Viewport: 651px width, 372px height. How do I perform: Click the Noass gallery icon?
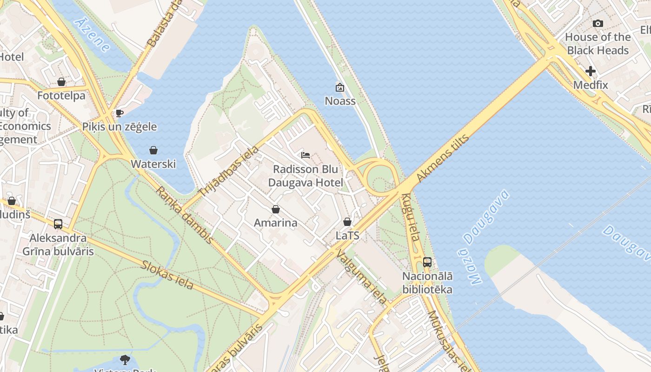[340, 87]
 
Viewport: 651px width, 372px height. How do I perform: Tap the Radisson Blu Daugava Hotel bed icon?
[306, 155]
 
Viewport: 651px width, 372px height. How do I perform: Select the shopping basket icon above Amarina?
[276, 209]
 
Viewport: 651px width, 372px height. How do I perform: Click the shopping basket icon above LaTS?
[347, 222]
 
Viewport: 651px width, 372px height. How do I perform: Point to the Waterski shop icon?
[153, 150]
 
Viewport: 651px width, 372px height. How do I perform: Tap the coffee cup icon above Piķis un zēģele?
[120, 113]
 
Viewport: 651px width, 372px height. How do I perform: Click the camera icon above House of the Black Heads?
[598, 23]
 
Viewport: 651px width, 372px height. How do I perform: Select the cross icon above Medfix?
[591, 71]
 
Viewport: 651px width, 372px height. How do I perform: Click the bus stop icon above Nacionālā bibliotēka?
[427, 262]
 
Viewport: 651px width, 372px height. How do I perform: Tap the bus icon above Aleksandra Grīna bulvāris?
[58, 224]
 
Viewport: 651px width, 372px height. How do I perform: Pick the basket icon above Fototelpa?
[61, 82]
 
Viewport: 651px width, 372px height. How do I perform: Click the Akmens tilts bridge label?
[443, 158]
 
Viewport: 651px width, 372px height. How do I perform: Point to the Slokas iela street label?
[167, 274]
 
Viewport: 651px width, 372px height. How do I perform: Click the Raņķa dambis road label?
[185, 215]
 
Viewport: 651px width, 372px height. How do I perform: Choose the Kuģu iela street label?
[411, 223]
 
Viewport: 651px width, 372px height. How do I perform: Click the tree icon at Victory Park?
[125, 359]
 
